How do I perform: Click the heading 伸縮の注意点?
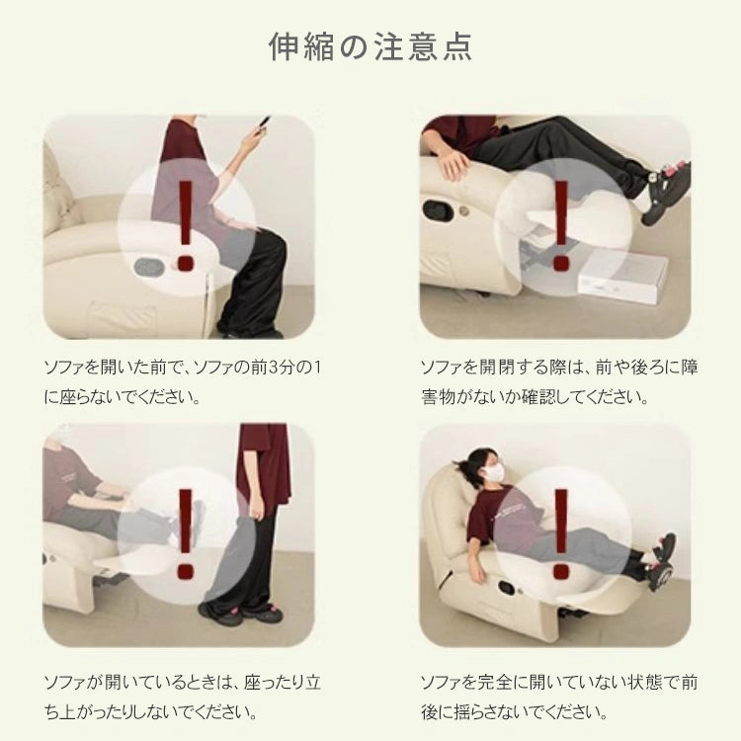click(x=370, y=46)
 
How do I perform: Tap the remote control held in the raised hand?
click(x=263, y=124)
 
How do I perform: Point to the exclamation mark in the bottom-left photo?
click(x=185, y=534)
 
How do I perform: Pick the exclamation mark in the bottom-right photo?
click(x=561, y=534)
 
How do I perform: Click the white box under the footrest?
click(x=621, y=277)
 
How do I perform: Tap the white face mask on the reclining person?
click(x=494, y=471)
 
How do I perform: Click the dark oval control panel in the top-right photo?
click(x=437, y=210)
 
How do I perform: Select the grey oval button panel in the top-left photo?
click(x=148, y=267)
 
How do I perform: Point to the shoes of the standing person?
click(x=242, y=612)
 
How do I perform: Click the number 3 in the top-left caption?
click(x=274, y=367)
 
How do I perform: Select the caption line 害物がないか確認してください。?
click(x=535, y=397)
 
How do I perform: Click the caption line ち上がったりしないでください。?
click(x=151, y=711)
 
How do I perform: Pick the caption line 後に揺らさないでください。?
click(x=514, y=711)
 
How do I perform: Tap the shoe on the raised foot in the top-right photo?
click(x=666, y=192)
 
